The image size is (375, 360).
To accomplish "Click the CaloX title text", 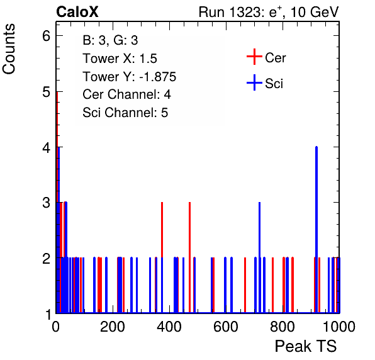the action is tap(77, 12).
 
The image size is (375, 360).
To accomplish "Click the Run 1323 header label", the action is tap(269, 12).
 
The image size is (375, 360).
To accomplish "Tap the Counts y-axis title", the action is tap(9, 49).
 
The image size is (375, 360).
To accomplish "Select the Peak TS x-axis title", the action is tap(306, 346).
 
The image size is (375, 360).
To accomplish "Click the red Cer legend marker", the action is tap(254, 57).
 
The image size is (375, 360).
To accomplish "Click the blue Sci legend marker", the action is tap(254, 82).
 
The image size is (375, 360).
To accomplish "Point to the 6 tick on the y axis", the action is tap(46, 36).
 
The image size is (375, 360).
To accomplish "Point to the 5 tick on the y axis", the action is tap(46, 92).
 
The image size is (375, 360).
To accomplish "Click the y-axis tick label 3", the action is tap(46, 203).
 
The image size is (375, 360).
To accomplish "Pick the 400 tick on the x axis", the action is tap(169, 327).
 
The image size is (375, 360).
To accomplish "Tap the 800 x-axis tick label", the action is tap(283, 327).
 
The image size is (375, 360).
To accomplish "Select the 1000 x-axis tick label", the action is tap(339, 327).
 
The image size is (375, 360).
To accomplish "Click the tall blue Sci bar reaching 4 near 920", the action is tap(316, 230).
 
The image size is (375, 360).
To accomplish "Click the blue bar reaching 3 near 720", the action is tap(259, 257).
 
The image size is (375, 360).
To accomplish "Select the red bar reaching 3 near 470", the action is tap(189, 257).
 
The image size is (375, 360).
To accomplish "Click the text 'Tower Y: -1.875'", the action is tap(130, 77).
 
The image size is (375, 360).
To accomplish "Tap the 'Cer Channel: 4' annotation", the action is tap(126, 94).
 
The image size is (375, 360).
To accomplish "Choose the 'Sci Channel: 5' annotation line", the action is tap(125, 113).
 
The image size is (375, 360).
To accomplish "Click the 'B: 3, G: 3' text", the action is tap(110, 40).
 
